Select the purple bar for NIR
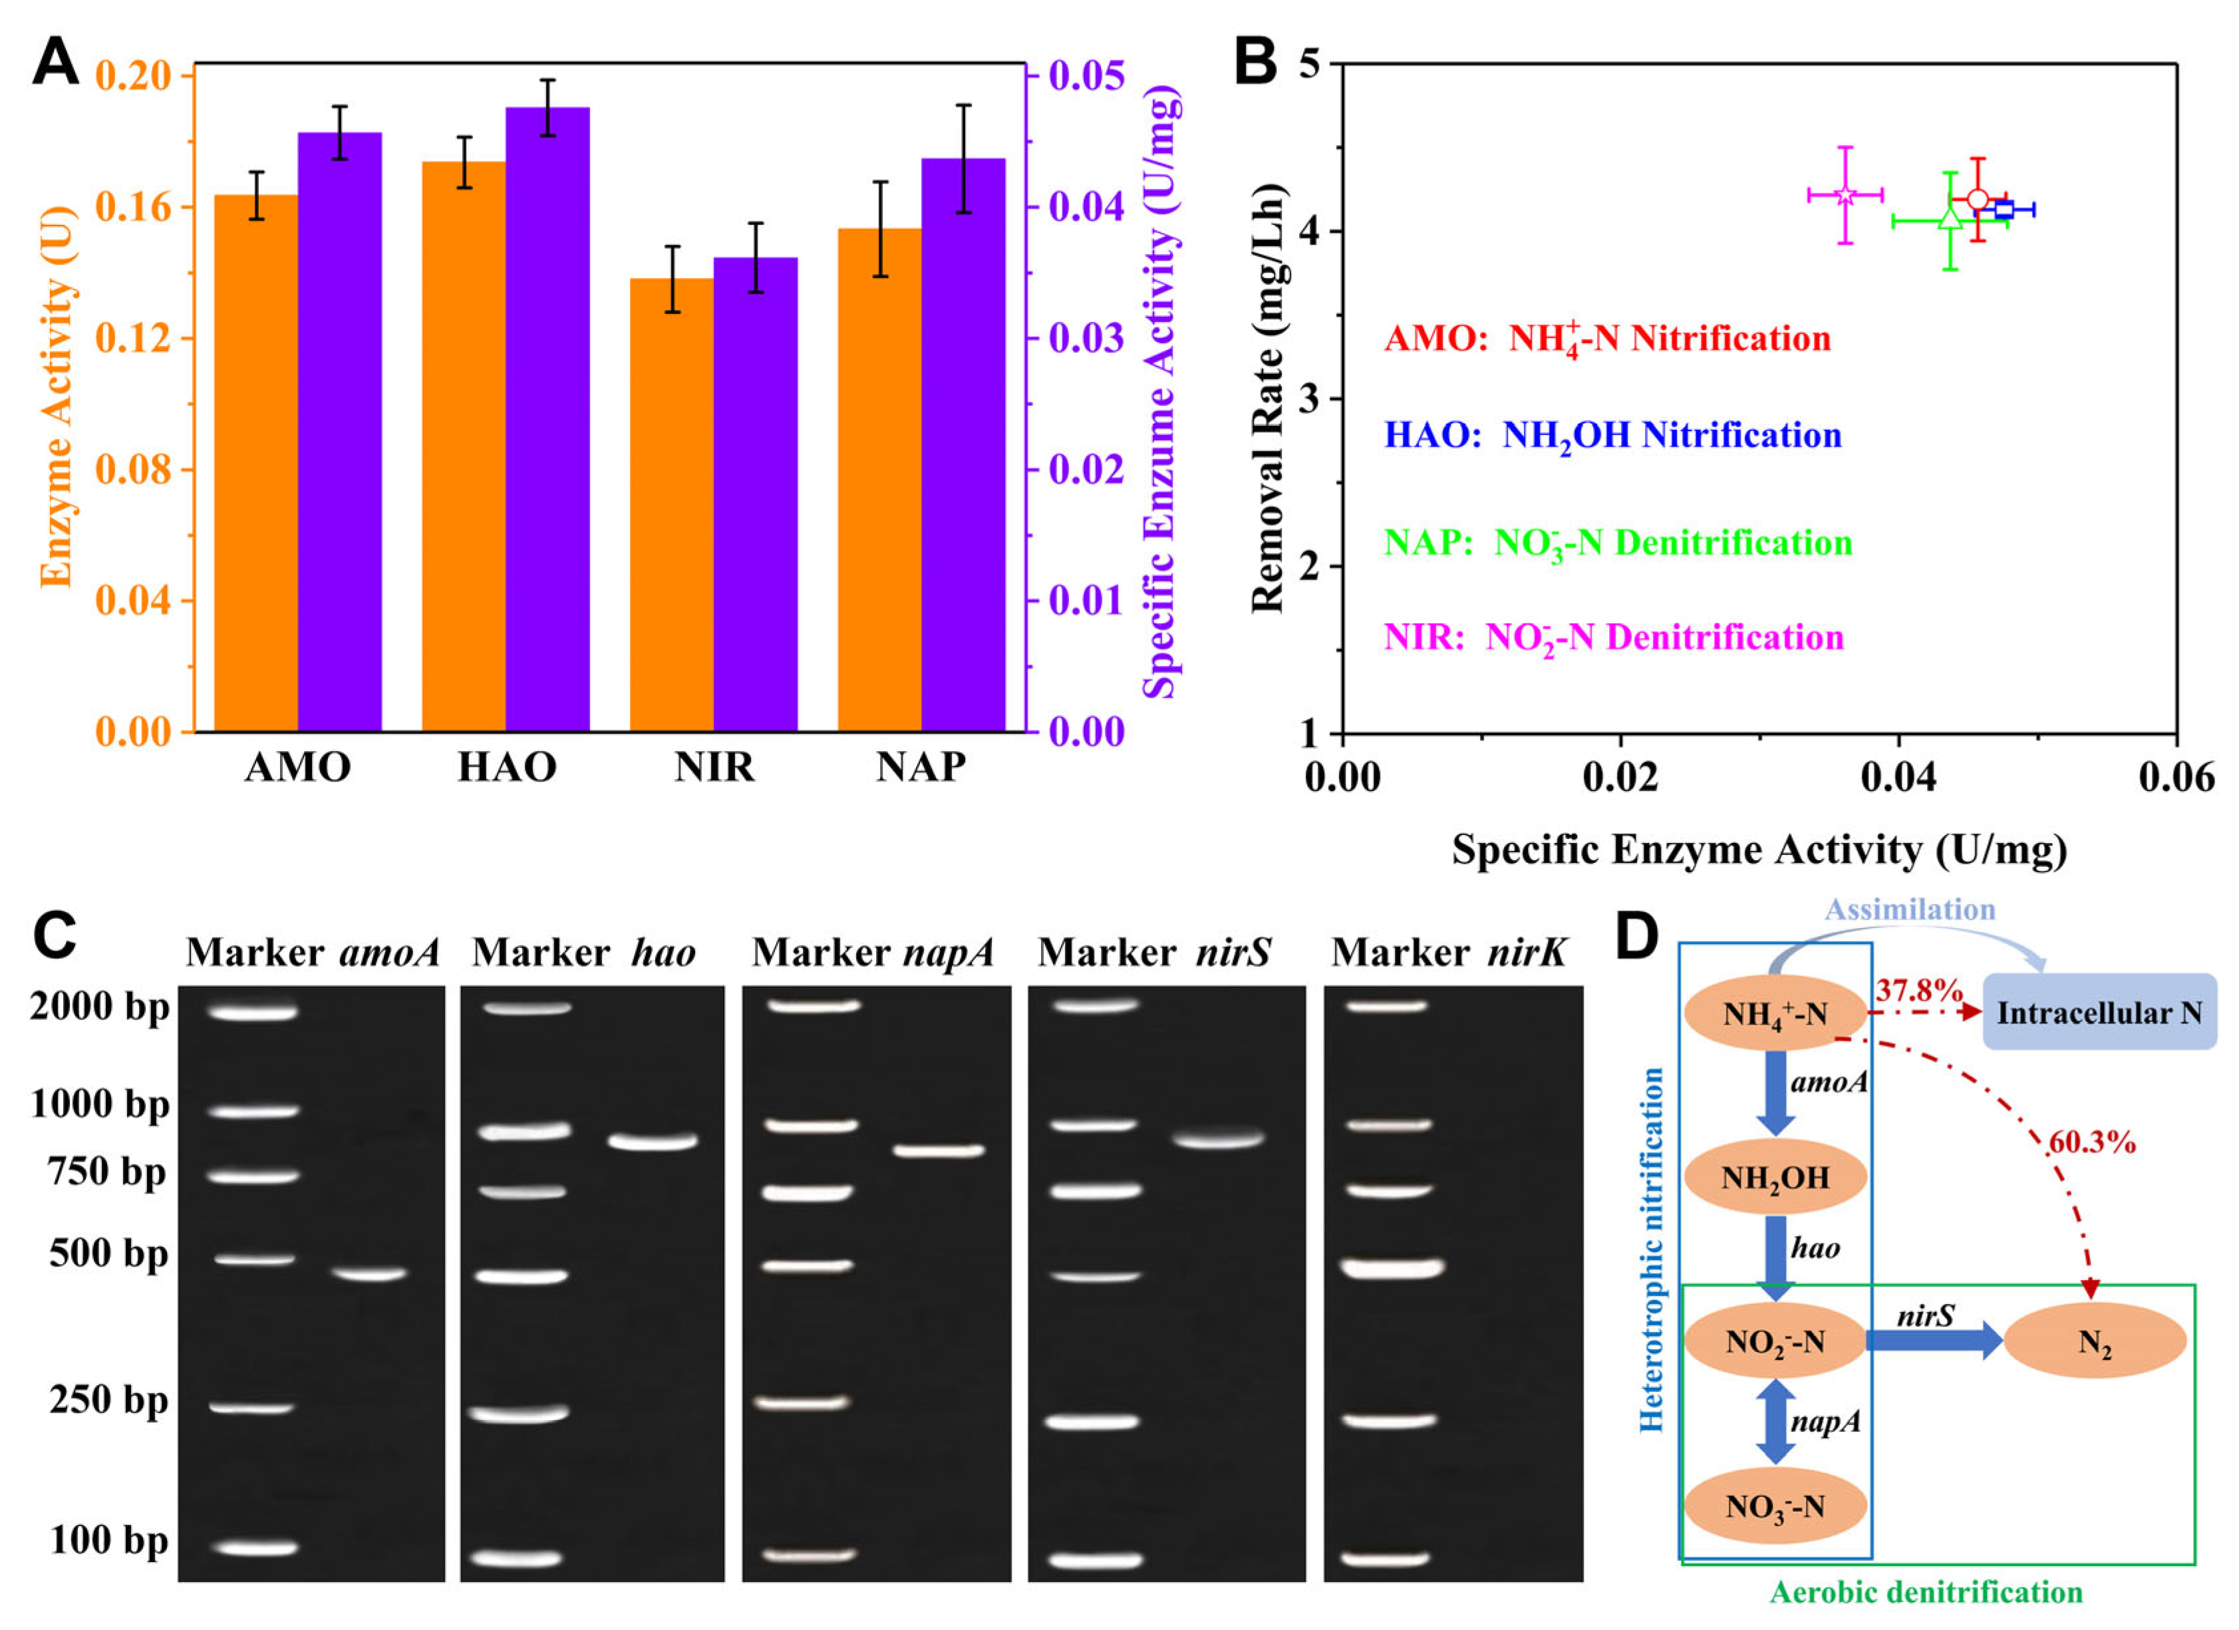tap(755, 494)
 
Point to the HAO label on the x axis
tap(506, 767)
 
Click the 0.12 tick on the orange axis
tap(132, 339)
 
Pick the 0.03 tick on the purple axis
tap(1086, 339)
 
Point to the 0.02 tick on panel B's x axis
tap(1620, 777)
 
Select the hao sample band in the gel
tap(653, 1142)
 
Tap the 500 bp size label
tap(108, 1254)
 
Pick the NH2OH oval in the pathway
tap(1775, 1177)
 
